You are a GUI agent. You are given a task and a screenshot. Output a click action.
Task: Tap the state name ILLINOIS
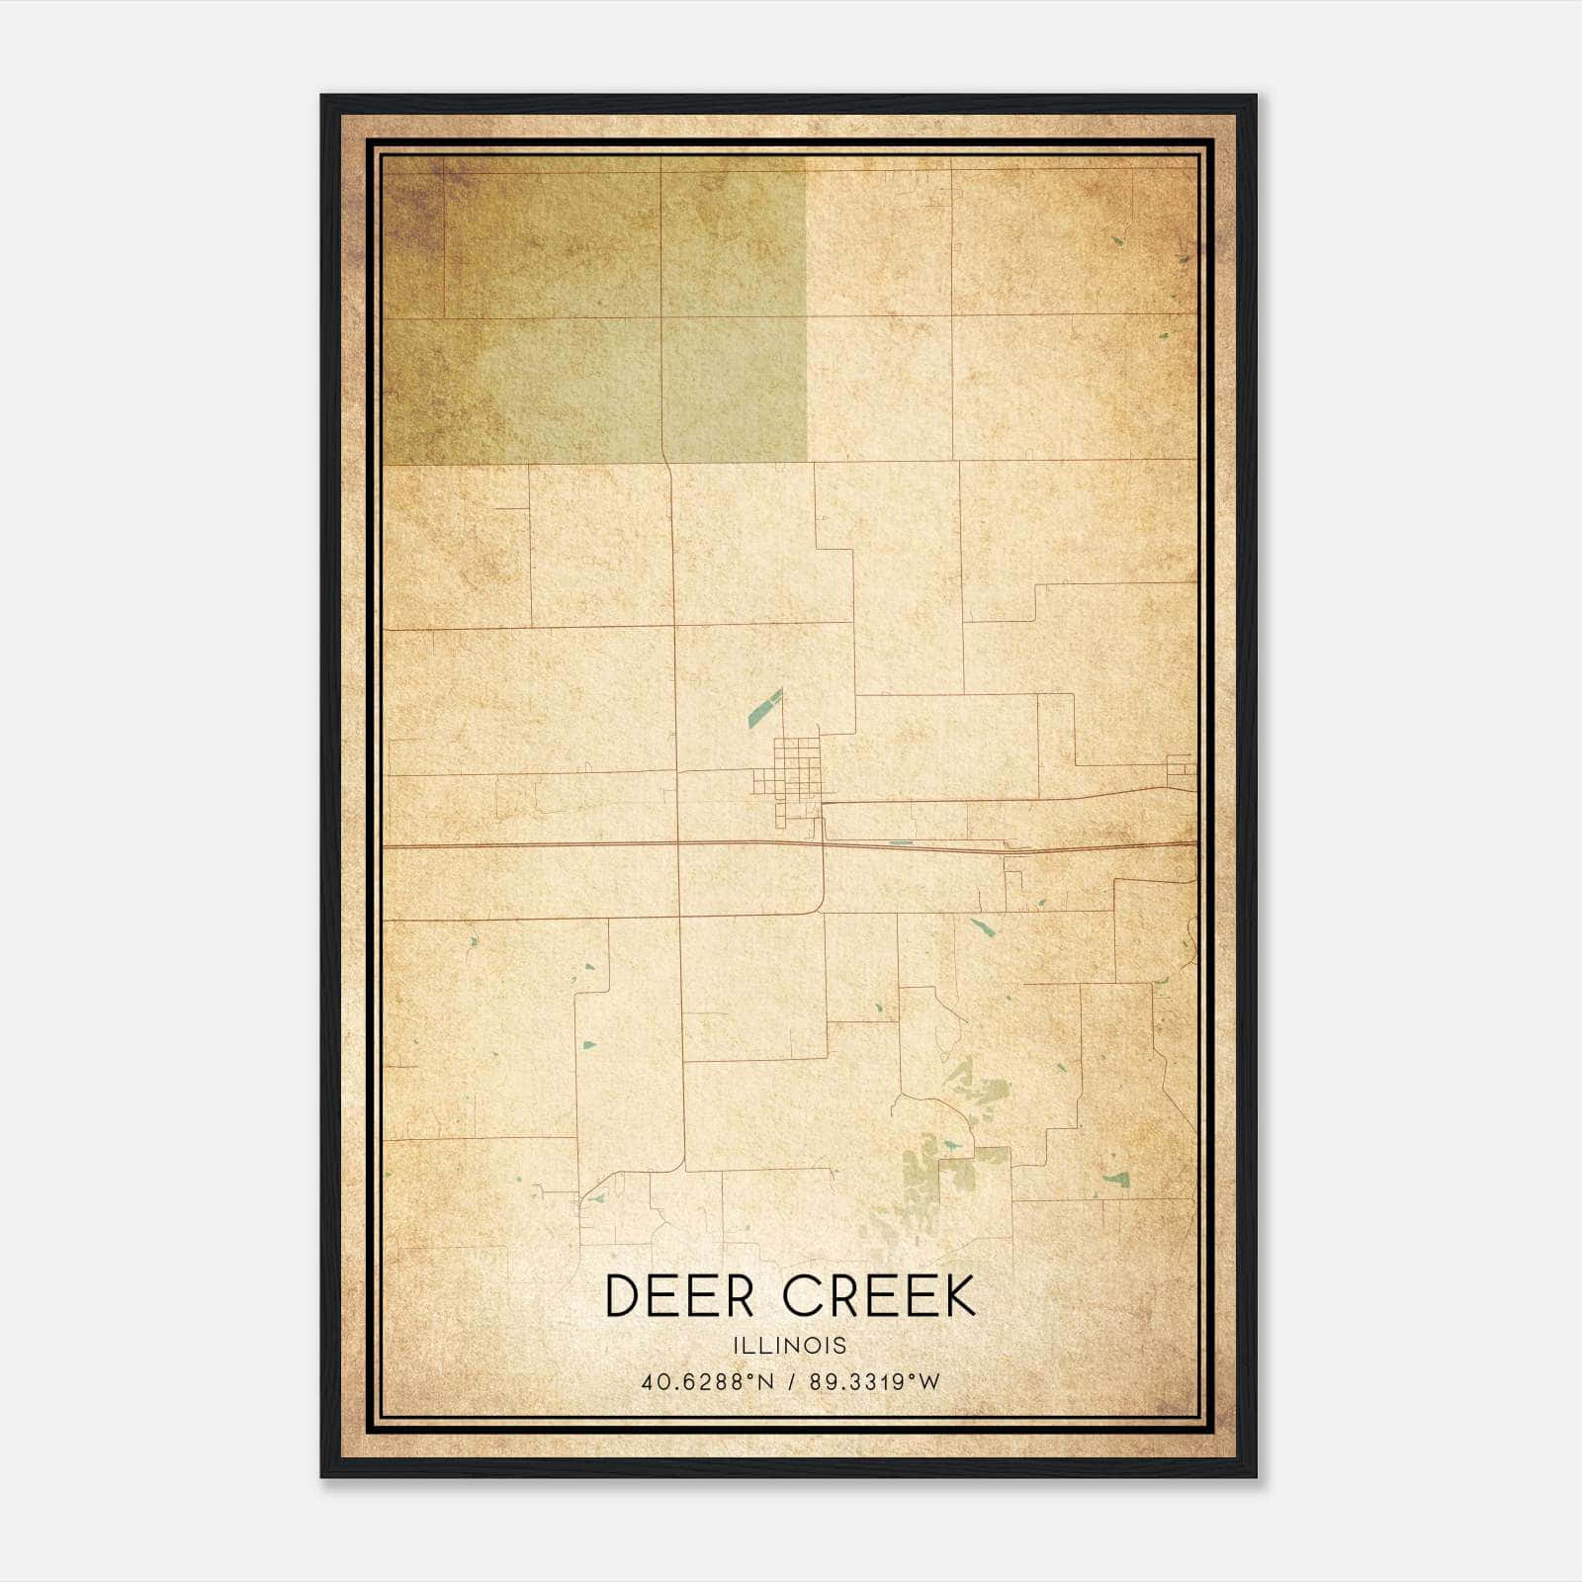click(790, 1346)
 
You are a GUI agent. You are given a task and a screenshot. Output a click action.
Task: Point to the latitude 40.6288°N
click(707, 1382)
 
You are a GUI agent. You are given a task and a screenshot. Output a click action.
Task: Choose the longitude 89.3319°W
click(874, 1382)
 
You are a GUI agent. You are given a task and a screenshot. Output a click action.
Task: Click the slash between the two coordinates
click(792, 1382)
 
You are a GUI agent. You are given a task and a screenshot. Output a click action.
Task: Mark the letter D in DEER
click(621, 1296)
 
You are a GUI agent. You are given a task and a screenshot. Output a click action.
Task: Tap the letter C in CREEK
click(803, 1296)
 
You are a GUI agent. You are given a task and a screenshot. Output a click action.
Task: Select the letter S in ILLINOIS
click(840, 1346)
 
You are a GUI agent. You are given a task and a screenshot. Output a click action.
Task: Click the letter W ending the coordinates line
click(929, 1382)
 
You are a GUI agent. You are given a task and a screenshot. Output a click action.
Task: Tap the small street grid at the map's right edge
click(1181, 767)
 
